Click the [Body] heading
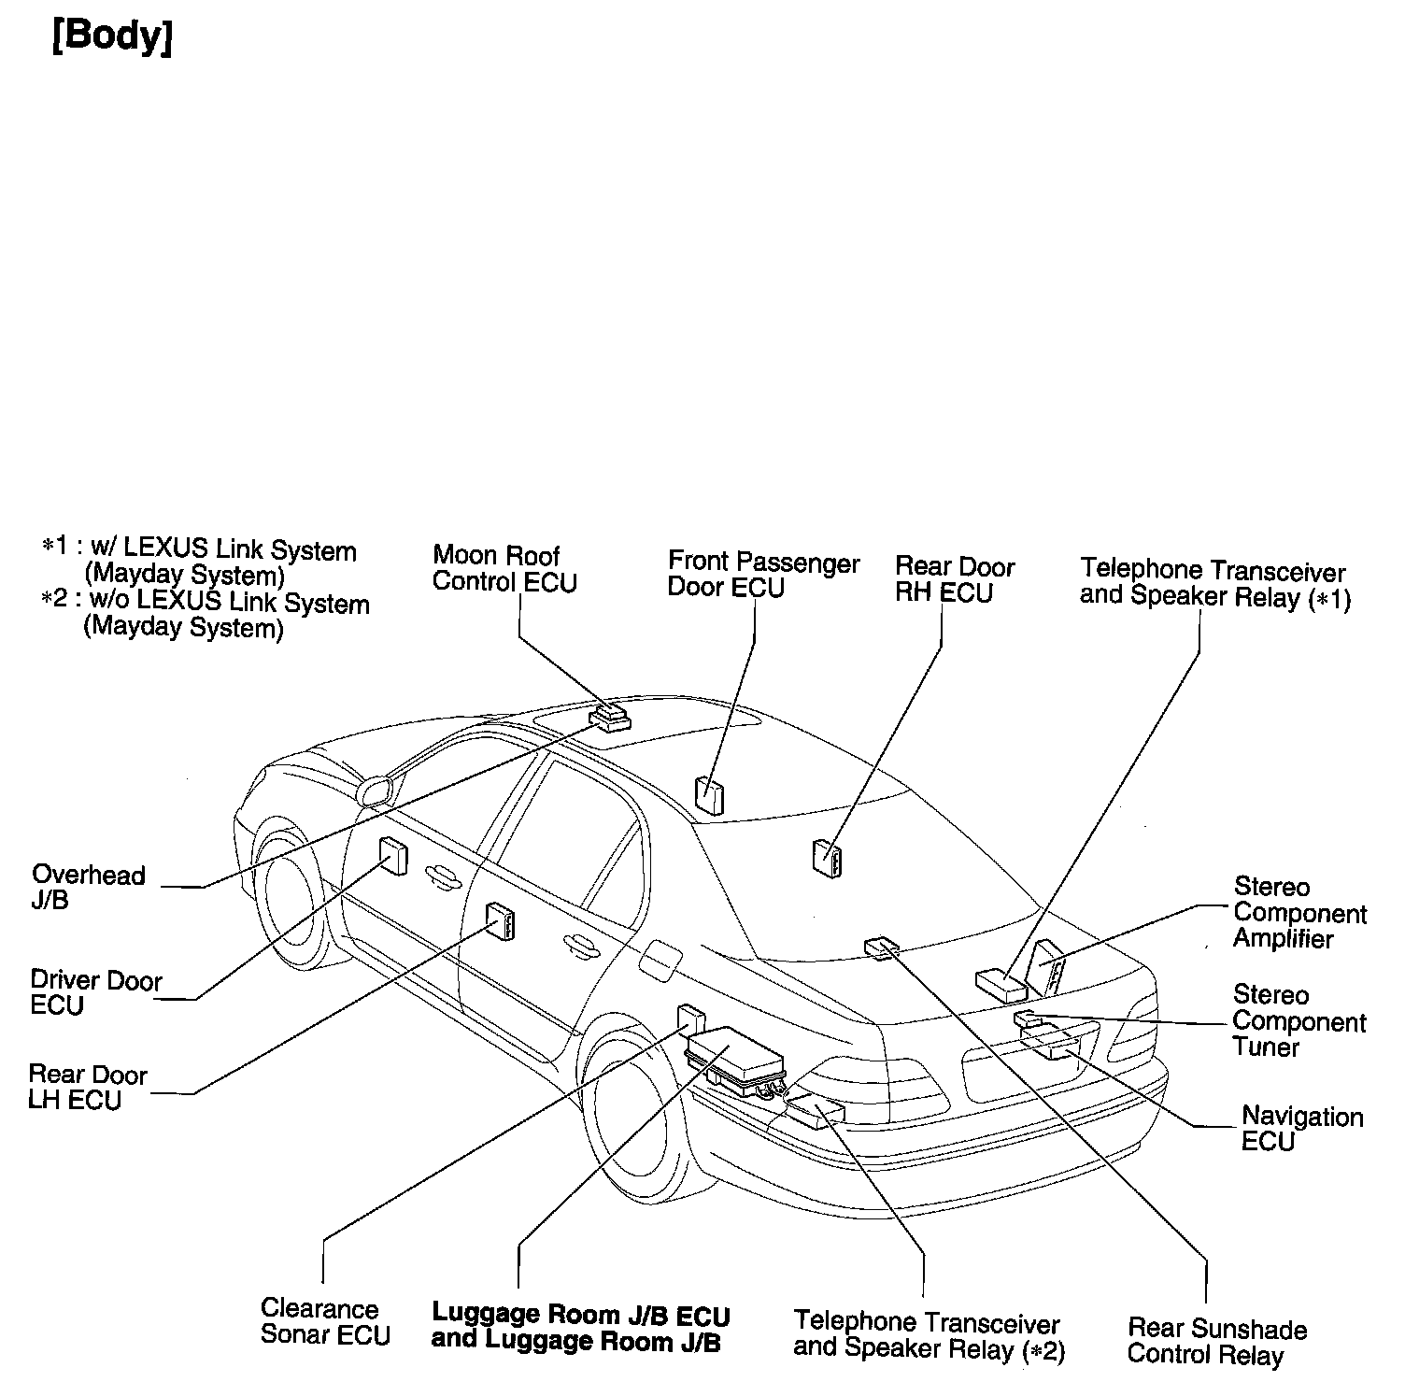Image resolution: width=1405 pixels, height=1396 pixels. [113, 37]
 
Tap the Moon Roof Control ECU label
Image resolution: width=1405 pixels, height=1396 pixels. [504, 568]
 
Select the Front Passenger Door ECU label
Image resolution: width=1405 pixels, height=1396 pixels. [762, 575]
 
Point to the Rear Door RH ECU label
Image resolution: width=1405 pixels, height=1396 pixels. [954, 579]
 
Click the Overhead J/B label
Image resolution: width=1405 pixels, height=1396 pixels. [89, 888]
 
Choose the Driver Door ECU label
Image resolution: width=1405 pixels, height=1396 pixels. [95, 992]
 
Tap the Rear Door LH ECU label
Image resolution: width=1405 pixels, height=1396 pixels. [87, 1087]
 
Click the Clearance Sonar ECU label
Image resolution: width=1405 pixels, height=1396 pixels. [324, 1321]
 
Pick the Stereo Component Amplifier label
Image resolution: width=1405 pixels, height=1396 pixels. [1299, 912]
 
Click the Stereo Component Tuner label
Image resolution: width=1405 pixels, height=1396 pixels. [1298, 1020]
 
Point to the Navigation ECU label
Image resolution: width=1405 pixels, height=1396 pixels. [1301, 1129]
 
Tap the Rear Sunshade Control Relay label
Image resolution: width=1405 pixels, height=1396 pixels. [1216, 1341]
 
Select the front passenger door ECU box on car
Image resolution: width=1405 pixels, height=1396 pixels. [709, 794]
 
